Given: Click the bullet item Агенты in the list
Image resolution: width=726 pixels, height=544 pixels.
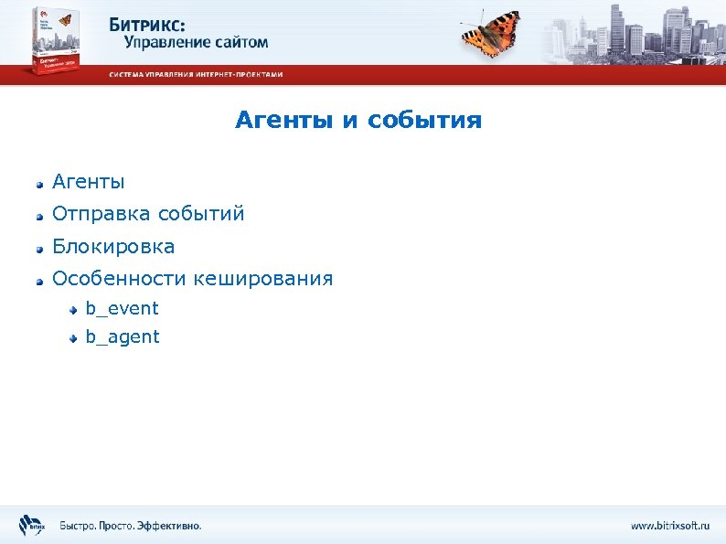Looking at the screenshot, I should tap(89, 182).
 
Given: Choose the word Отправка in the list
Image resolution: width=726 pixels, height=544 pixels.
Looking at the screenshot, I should tap(101, 214).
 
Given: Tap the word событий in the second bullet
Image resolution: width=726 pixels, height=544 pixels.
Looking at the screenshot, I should tap(201, 214).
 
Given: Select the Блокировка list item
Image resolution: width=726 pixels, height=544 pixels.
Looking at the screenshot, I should tap(113, 247).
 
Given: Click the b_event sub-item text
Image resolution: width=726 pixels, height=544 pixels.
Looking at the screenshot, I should tap(122, 309).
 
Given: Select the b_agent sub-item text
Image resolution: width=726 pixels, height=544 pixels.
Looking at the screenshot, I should tap(123, 337).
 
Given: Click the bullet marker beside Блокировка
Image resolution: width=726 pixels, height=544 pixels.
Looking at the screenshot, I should tap(39, 248).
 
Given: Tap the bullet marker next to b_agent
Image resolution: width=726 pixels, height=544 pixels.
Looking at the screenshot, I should tap(74, 338).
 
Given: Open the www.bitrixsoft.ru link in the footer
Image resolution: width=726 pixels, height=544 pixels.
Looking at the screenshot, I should tap(669, 526).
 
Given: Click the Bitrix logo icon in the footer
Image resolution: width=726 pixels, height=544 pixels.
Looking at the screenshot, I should tap(30, 526).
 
